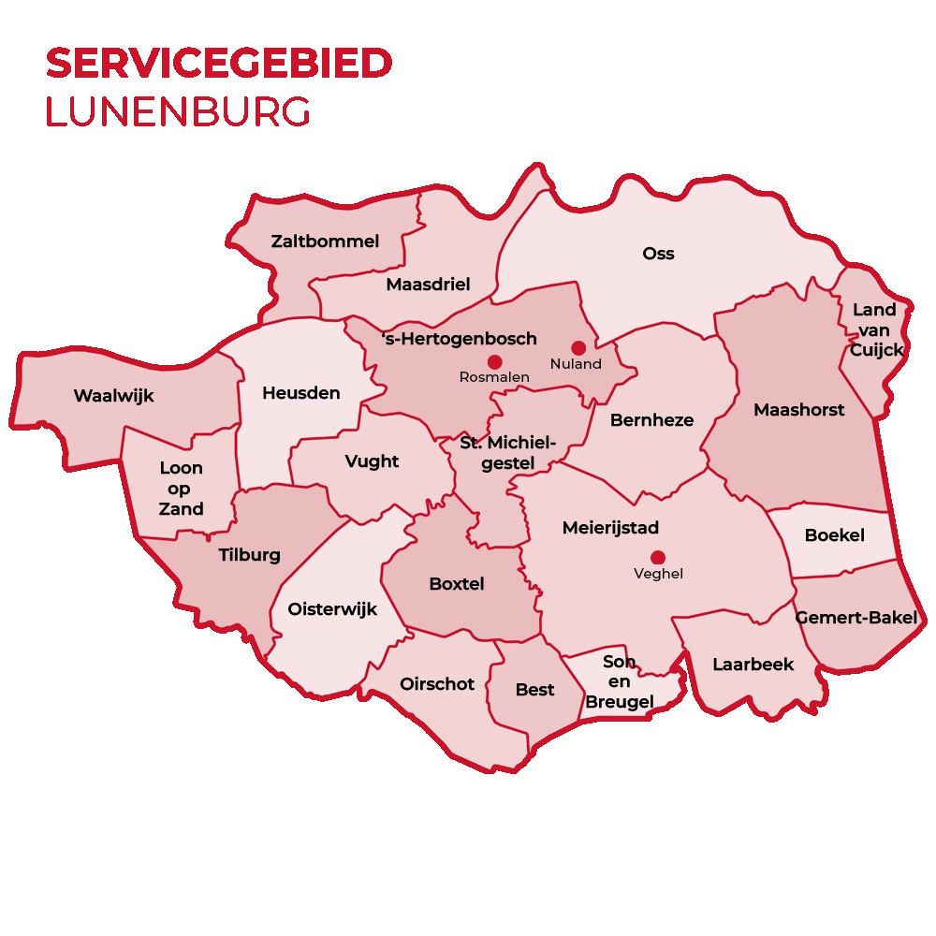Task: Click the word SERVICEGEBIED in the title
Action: coord(219,64)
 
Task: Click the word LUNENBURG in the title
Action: coord(178,111)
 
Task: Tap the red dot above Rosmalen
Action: coord(495,361)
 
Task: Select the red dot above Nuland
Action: coord(578,348)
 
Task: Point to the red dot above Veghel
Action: coord(658,558)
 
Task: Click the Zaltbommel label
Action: coord(325,241)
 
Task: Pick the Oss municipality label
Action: coord(658,254)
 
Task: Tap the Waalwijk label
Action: coord(113,396)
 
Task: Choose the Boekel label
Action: coord(835,536)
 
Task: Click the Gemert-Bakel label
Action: coord(856,618)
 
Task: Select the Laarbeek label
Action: coord(753,665)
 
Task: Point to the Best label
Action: coord(535,690)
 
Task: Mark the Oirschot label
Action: coord(437,684)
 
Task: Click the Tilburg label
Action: coord(249,555)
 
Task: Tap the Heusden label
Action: coord(300,393)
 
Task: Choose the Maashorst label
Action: coord(798,410)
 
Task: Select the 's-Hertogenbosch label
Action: coord(460,339)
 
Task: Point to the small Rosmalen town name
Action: coord(494,377)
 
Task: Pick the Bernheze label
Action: coord(651,420)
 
